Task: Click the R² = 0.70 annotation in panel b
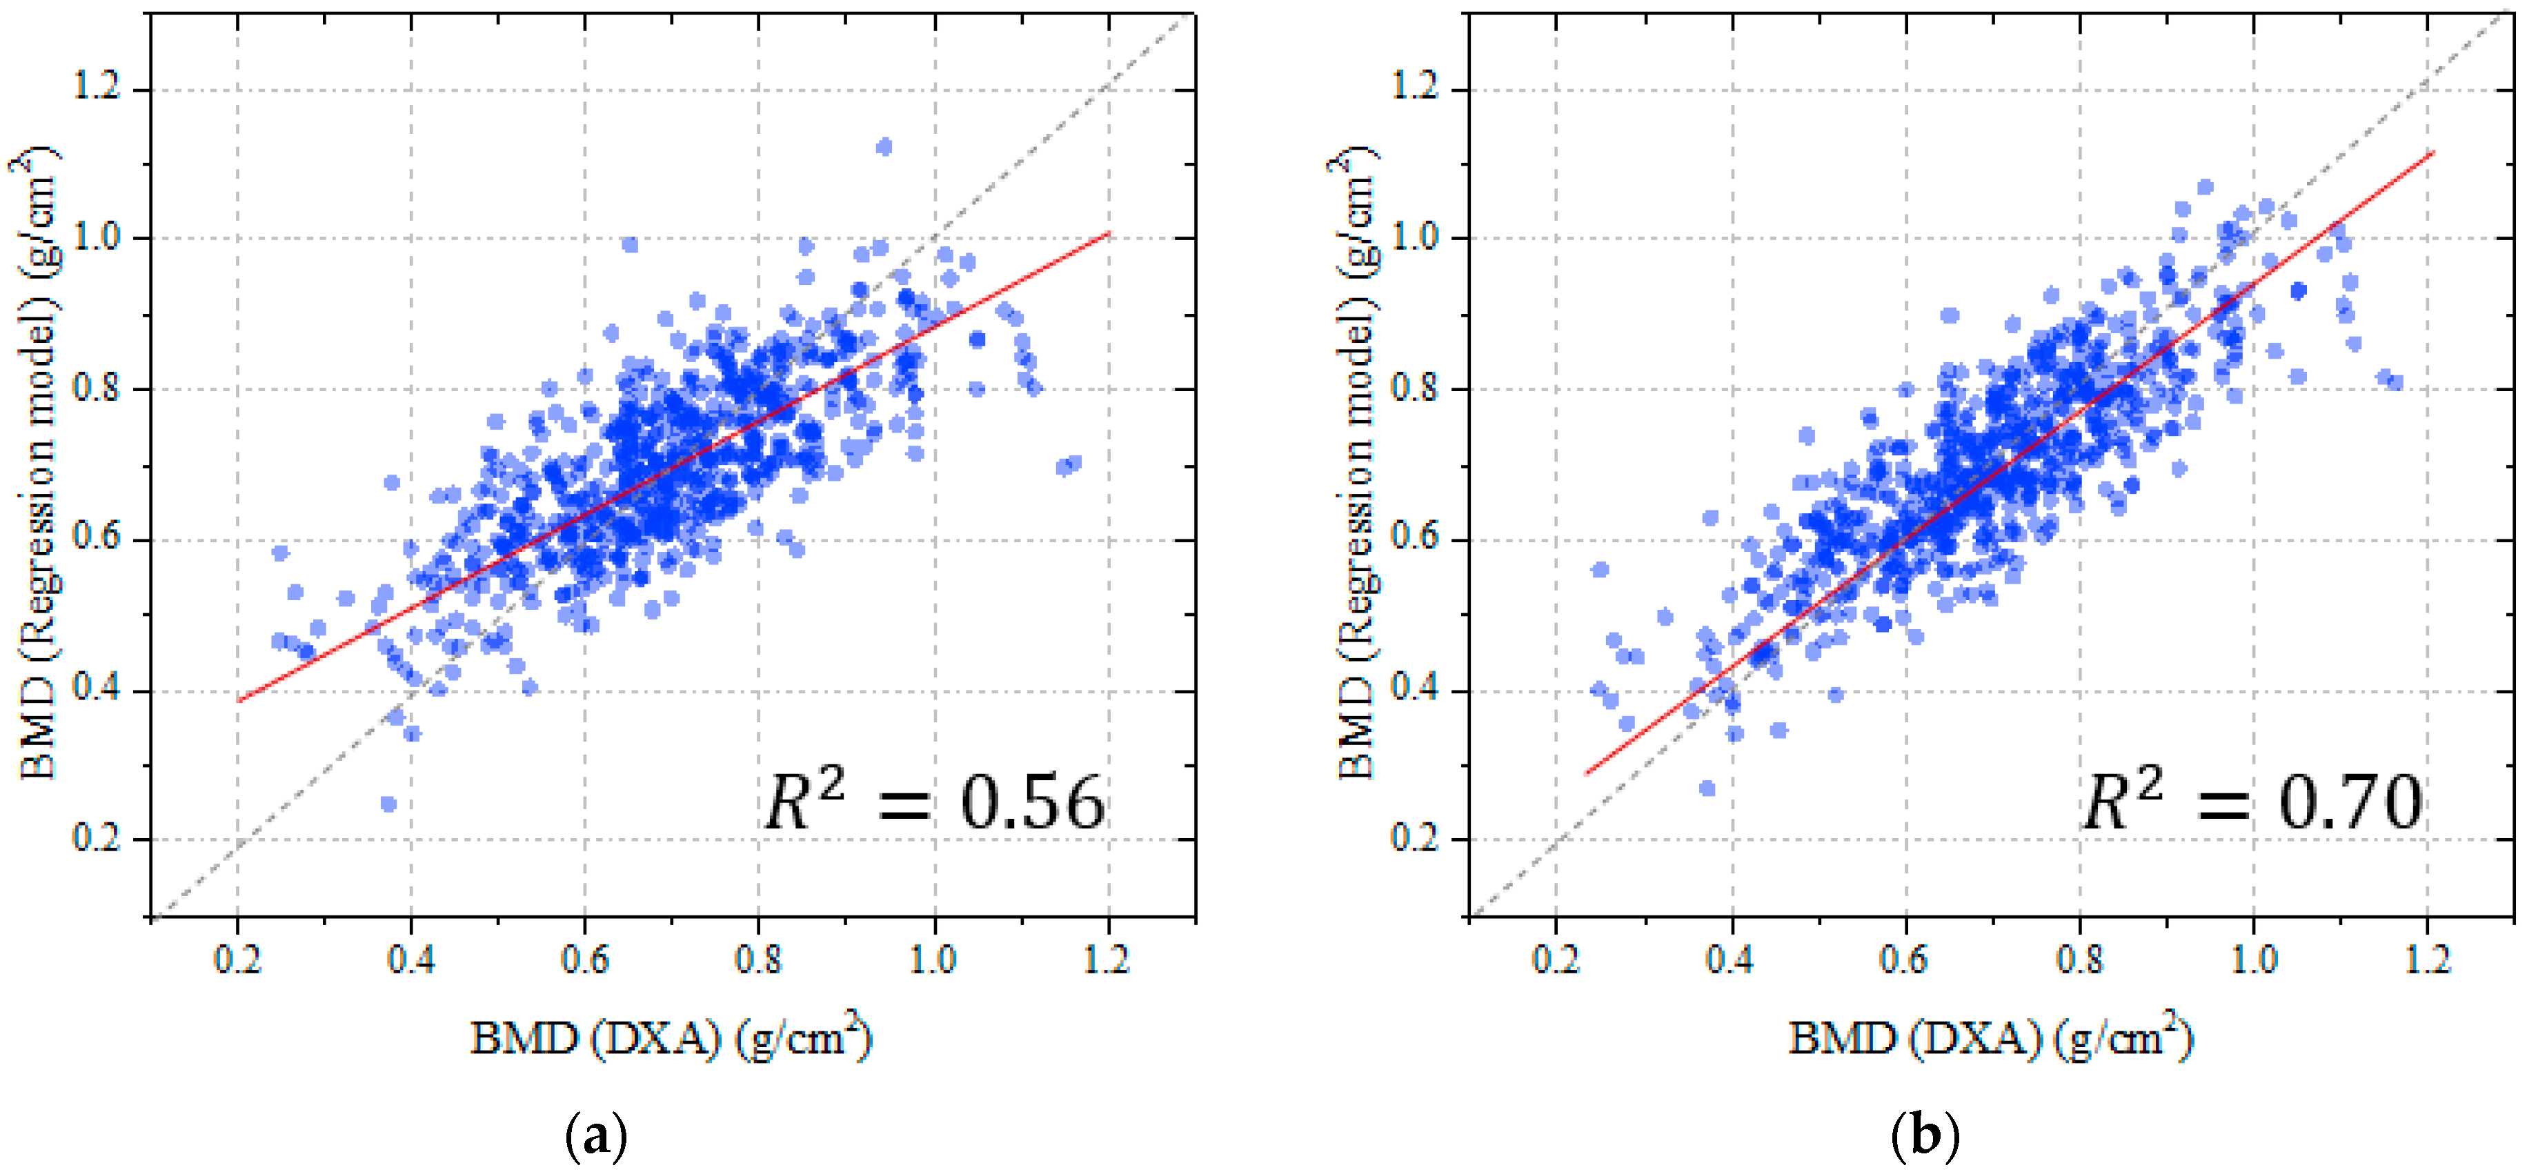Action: [x=2252, y=803]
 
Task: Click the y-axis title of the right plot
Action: [x=1358, y=463]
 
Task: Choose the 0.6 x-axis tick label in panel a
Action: [x=584, y=959]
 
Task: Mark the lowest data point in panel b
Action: [x=1707, y=788]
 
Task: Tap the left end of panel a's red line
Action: [x=239, y=700]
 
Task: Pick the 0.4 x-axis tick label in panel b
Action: [x=1732, y=959]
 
